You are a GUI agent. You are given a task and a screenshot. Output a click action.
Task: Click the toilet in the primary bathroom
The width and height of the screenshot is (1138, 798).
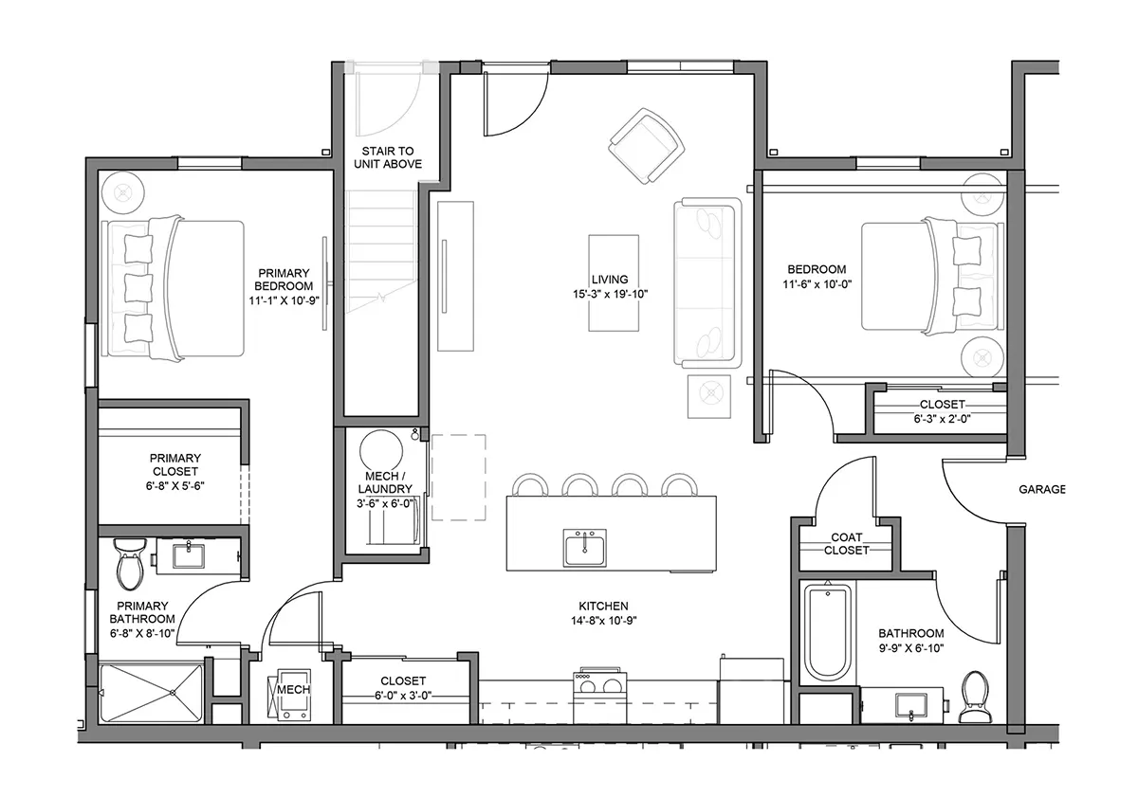[x=130, y=564]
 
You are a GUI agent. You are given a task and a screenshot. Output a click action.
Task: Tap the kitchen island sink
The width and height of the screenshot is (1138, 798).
[x=584, y=548]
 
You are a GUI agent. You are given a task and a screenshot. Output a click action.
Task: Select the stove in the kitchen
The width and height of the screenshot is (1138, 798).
[x=600, y=696]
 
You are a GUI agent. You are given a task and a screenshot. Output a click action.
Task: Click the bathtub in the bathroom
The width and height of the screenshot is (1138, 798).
[x=828, y=633]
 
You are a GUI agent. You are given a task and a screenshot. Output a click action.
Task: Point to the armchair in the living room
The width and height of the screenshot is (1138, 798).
[x=646, y=146]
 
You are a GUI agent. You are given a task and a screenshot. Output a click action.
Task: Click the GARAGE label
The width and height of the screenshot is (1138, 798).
[x=1042, y=489]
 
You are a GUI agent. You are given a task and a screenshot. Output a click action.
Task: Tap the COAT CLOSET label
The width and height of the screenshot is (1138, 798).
[x=846, y=544]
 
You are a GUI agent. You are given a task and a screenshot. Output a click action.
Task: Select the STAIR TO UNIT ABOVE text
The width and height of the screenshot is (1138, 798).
[x=388, y=157]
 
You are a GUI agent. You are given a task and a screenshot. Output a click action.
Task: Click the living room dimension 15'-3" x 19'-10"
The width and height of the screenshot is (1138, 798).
[x=611, y=294]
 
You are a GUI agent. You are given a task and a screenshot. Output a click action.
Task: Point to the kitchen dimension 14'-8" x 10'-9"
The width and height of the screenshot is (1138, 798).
[x=603, y=621]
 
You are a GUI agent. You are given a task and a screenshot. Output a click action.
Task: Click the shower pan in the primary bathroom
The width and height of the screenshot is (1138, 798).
[x=152, y=693]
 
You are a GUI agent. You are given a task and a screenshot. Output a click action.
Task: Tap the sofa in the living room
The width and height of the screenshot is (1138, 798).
[x=707, y=282]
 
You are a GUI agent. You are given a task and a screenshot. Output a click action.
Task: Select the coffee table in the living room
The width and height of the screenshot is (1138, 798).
[x=614, y=282]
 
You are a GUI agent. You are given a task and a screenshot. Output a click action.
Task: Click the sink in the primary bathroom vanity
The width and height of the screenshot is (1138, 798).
[x=189, y=556]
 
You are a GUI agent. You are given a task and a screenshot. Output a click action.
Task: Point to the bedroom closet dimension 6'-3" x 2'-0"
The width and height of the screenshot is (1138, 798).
[x=942, y=419]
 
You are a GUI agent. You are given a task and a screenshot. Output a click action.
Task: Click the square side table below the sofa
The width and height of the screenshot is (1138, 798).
[x=709, y=396]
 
